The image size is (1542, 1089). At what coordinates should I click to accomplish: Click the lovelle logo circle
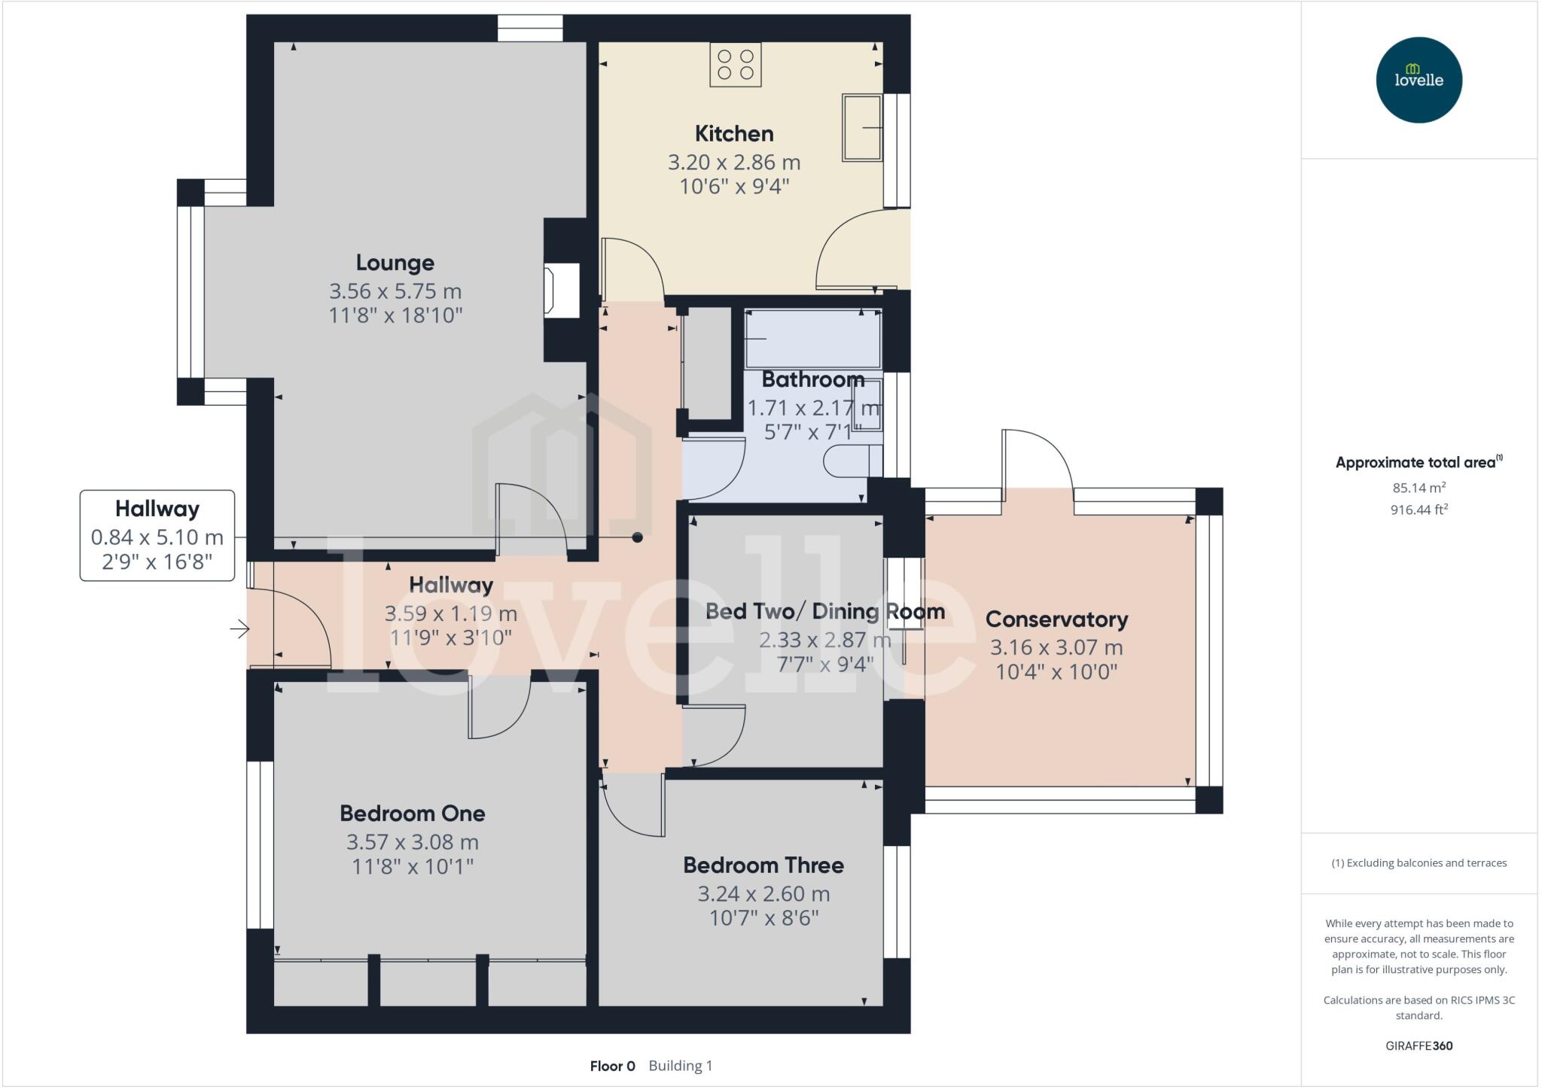1419,80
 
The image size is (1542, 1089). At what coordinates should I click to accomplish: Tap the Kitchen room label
733,134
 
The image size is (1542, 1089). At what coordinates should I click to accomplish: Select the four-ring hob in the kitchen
736,64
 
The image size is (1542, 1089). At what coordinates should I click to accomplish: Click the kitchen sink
861,128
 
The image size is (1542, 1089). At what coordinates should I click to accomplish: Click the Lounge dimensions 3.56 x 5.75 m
395,291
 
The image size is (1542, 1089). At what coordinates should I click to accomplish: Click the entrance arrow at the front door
239,628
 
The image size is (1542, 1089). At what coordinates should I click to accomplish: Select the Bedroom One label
412,814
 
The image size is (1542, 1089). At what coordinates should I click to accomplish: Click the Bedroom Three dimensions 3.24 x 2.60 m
763,894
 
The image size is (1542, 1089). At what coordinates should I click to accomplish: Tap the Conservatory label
1056,619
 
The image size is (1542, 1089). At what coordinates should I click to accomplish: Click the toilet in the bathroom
851,461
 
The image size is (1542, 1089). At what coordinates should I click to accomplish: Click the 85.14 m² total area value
1419,488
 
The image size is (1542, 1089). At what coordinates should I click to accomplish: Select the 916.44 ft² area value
1419,510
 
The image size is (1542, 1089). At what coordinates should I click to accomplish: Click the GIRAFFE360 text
1419,1045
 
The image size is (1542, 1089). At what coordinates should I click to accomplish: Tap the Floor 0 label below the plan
612,1066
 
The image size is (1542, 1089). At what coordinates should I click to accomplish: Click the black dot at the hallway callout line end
638,537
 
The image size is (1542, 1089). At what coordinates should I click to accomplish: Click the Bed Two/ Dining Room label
824,611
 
